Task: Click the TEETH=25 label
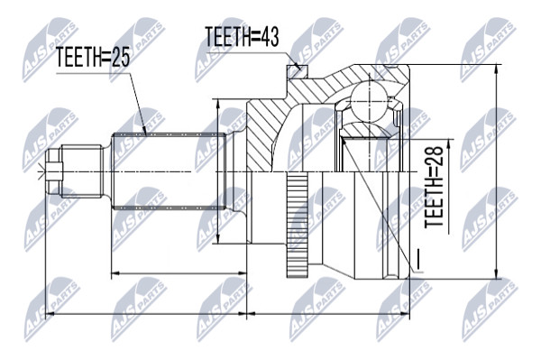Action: [93, 57]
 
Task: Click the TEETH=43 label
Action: [242, 36]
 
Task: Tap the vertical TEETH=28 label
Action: [434, 187]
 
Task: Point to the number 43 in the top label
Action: [269, 36]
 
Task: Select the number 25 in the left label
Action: [120, 57]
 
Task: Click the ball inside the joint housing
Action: [369, 101]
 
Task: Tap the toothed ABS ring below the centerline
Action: [297, 225]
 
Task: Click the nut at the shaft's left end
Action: [54, 171]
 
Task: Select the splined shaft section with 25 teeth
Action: [169, 171]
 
